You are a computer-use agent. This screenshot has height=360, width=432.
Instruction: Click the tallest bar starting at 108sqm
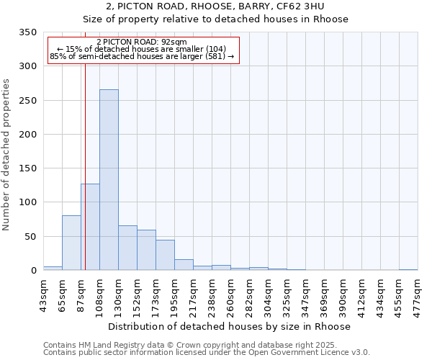click(109, 180)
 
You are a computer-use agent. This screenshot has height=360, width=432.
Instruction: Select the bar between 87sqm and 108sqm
click(90, 227)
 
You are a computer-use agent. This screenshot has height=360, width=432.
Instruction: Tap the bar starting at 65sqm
click(71, 243)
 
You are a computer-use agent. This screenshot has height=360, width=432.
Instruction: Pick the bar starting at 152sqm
click(146, 251)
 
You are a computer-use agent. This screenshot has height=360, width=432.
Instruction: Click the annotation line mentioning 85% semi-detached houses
click(142, 56)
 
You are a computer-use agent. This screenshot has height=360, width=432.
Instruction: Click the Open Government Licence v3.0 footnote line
click(207, 353)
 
